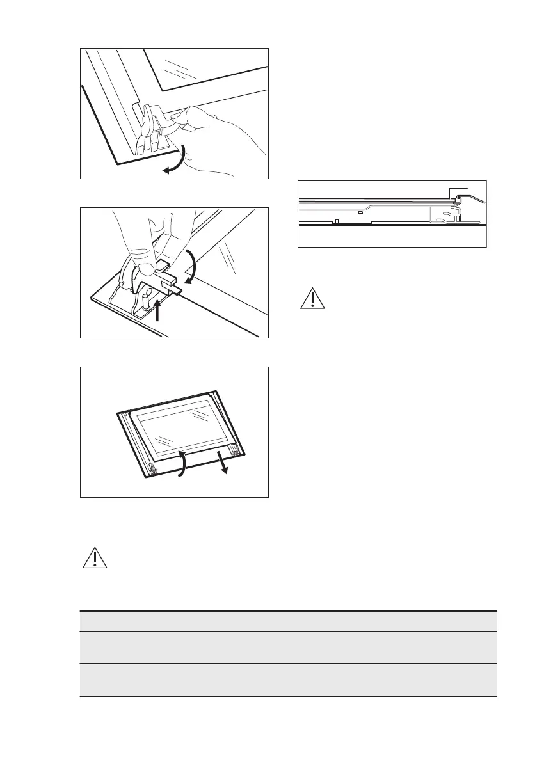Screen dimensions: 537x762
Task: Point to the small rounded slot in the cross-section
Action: click(360, 212)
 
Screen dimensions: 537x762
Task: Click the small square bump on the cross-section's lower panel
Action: click(337, 221)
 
